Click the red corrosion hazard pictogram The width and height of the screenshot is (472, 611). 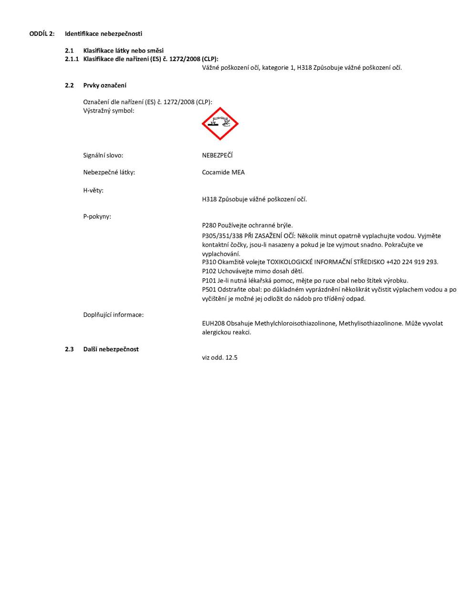220,124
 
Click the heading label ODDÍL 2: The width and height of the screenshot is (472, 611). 42,34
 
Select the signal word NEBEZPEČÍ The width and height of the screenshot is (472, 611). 217,156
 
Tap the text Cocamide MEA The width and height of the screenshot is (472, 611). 223,172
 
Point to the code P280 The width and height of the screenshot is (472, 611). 209,225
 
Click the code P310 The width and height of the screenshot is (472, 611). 209,262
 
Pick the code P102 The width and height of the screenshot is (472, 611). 209,271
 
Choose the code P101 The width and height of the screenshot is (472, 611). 209,281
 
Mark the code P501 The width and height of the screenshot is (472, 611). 209,290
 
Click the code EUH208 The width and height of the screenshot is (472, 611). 213,324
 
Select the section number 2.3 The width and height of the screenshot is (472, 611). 69,349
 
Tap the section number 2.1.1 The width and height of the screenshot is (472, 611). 72,59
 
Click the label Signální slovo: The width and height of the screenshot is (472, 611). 103,156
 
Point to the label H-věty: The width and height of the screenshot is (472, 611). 93,190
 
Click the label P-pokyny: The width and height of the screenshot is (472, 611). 97,217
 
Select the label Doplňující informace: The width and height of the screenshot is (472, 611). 113,315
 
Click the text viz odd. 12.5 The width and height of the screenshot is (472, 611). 220,358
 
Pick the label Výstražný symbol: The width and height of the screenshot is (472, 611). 109,111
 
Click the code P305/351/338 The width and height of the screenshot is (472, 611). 222,236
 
